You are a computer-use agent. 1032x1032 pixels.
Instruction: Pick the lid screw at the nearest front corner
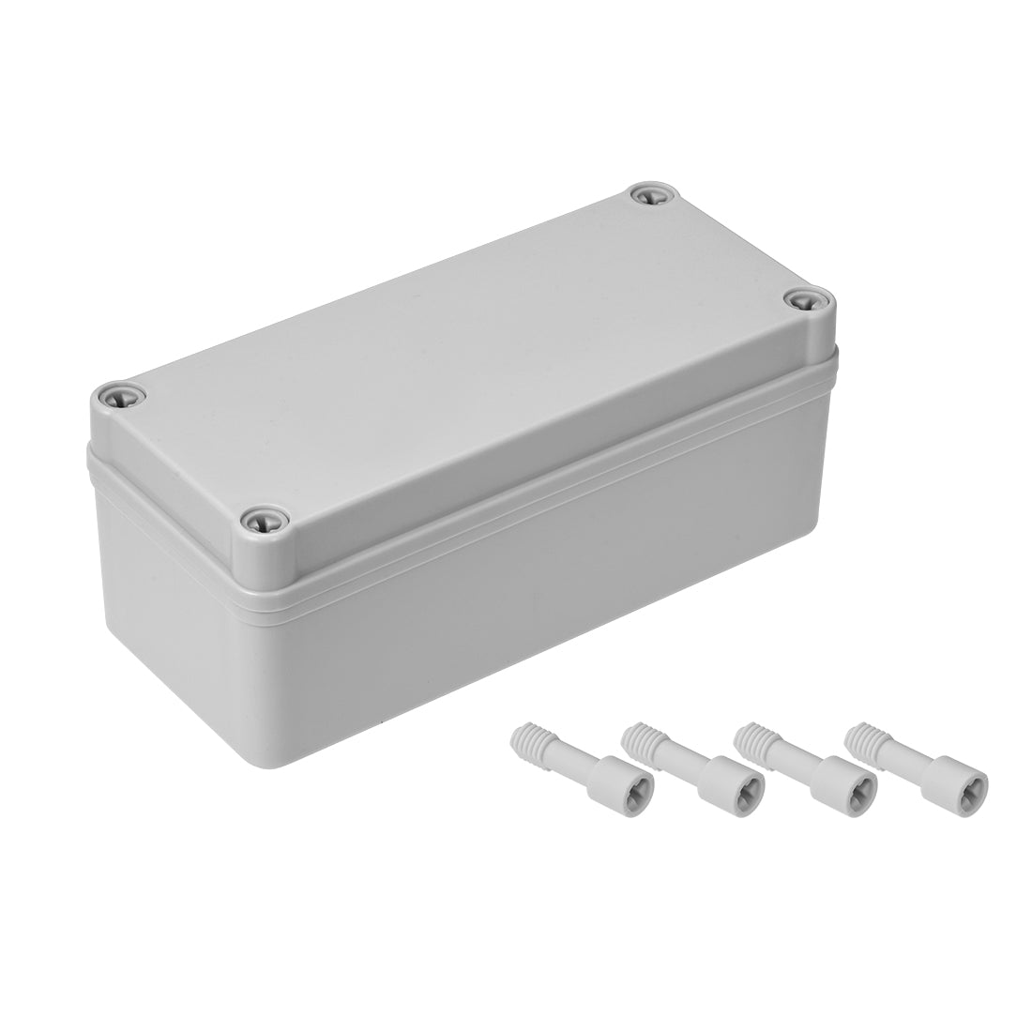point(256,518)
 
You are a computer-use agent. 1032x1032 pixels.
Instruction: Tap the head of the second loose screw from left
point(747,779)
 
